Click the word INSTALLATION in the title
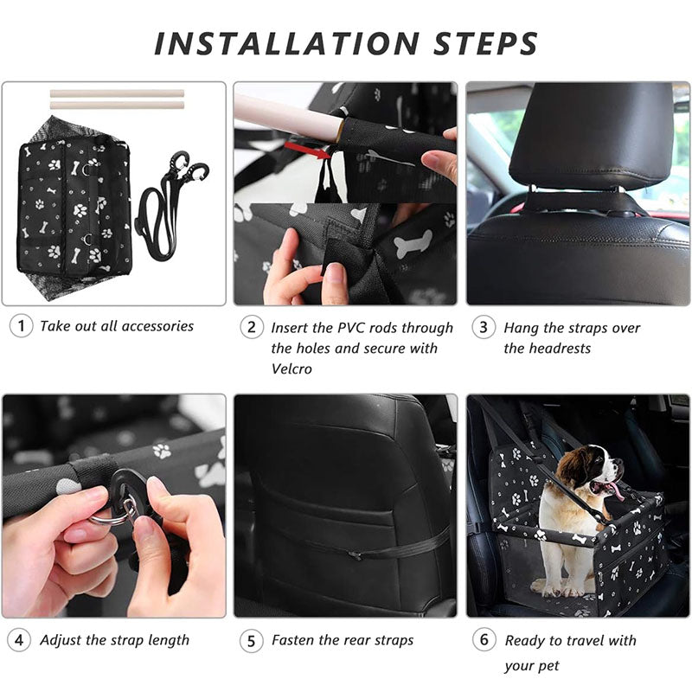[x=286, y=44]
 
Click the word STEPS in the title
[x=485, y=44]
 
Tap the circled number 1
[x=21, y=326]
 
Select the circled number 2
[x=252, y=327]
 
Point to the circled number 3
[x=484, y=327]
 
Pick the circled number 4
[x=19, y=640]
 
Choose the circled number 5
[x=251, y=641]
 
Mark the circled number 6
[x=484, y=639]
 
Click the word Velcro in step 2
[x=292, y=368]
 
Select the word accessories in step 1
[x=157, y=326]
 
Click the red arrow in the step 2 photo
[x=308, y=150]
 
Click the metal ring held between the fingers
[x=112, y=514]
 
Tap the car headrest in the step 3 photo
[x=592, y=135]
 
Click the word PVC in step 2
[x=352, y=328]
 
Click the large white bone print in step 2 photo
[x=413, y=243]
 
